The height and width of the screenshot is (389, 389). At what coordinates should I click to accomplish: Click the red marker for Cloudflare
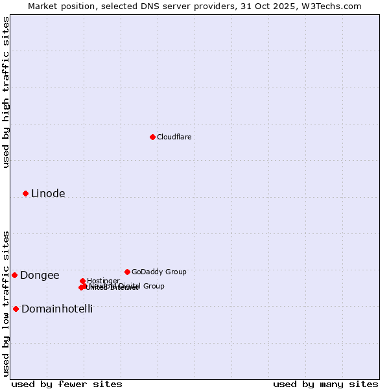(x=152, y=137)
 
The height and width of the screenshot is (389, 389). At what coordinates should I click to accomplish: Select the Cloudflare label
(x=174, y=137)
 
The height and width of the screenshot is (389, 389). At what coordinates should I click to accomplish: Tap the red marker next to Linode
(x=25, y=193)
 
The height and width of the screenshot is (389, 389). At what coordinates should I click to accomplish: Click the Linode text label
(x=48, y=193)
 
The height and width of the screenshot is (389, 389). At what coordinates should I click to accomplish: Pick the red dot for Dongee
(x=14, y=275)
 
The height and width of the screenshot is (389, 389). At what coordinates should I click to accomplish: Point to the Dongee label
(x=40, y=275)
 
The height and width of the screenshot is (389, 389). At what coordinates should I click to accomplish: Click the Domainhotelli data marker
(x=16, y=309)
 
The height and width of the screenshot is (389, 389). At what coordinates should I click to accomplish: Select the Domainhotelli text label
(x=57, y=309)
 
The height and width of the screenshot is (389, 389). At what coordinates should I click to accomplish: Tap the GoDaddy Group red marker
(x=127, y=272)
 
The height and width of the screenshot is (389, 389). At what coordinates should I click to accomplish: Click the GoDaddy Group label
(x=159, y=272)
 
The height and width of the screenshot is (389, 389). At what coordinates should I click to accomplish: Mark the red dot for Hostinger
(x=82, y=281)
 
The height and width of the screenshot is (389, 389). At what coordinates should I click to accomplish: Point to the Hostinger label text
(x=103, y=281)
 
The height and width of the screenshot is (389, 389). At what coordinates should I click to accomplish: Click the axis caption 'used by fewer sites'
(x=67, y=384)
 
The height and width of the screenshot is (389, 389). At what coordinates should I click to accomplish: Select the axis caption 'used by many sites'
(x=325, y=384)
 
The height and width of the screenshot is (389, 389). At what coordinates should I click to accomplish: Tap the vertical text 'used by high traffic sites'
(x=6, y=92)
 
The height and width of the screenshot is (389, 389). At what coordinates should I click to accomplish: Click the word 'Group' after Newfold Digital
(x=153, y=286)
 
